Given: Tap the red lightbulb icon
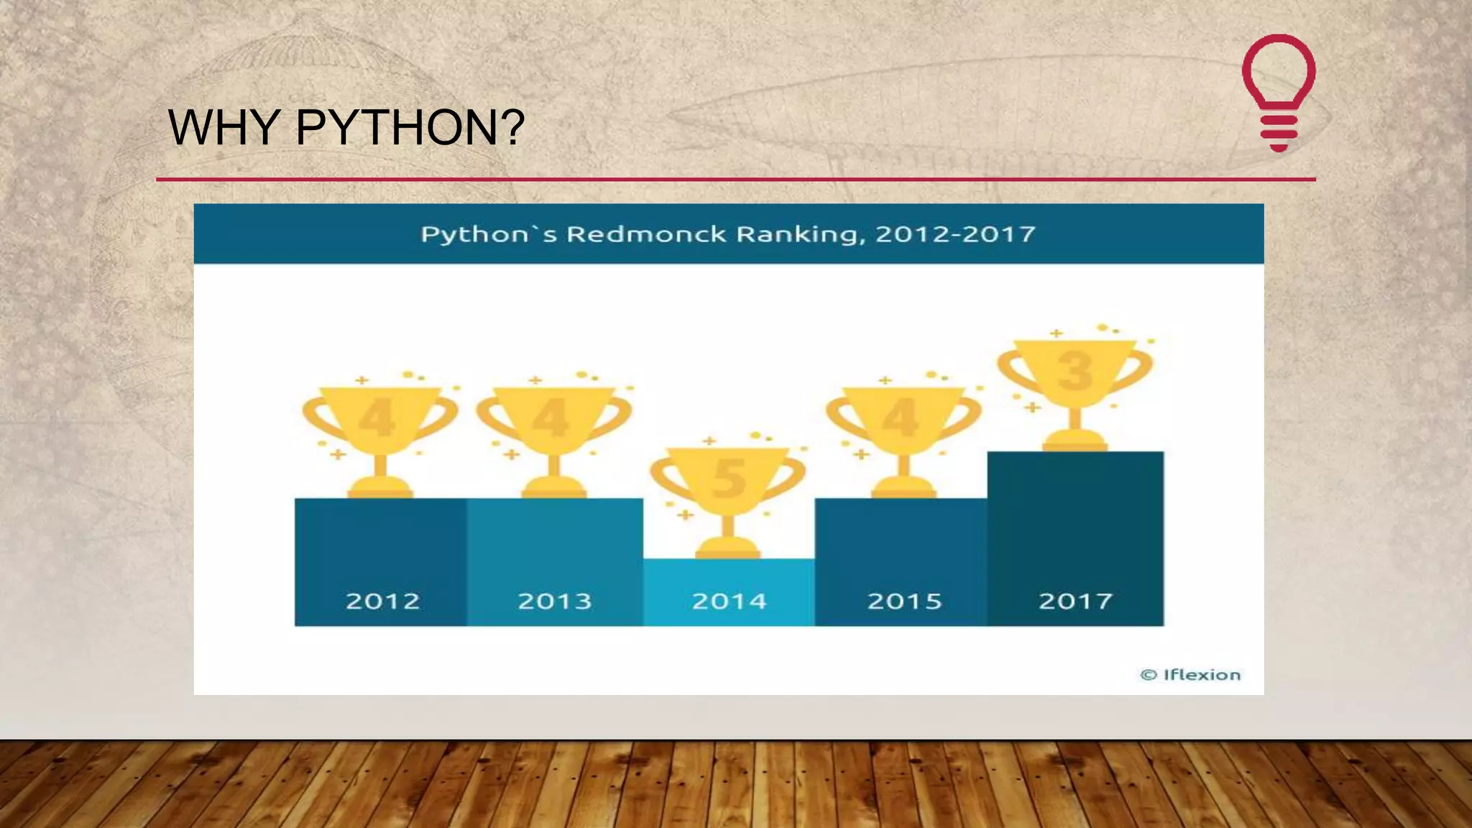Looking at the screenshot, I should coord(1279,92).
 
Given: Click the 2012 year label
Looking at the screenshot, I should coord(382,601).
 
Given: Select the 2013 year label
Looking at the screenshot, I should coord(555,601).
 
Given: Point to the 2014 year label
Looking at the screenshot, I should coord(729,601).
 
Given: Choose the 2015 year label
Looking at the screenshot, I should coord(904,601).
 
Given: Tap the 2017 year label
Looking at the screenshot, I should coord(1075,601).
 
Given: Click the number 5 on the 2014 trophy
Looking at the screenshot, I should coord(728,479).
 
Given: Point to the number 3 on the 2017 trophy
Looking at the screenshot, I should coord(1075,372).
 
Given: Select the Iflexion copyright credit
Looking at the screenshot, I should coord(1190,675).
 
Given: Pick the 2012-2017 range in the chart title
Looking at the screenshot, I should coord(955,234).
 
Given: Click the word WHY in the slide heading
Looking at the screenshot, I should coord(224,127).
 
